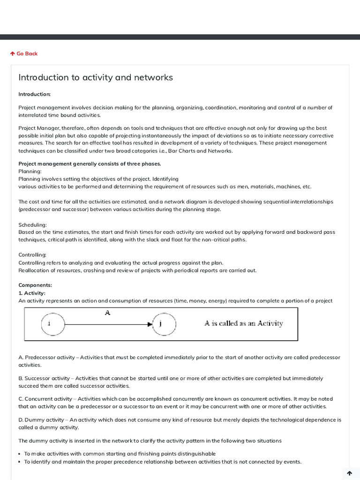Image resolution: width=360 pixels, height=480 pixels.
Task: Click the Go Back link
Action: coord(24,54)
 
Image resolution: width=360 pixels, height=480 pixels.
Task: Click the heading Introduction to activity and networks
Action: coord(96,77)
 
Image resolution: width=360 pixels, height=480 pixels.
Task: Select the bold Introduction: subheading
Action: coord(34,94)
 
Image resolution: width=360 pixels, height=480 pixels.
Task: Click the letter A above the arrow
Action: coord(107,313)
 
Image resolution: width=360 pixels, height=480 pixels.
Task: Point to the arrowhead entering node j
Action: coord(150,324)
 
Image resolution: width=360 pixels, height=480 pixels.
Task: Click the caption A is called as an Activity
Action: coord(243,323)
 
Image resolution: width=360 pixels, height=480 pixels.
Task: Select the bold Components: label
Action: coord(35,285)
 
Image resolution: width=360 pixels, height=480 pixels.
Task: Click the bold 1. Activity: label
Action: coord(32,293)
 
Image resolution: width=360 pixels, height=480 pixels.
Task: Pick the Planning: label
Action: coord(30,172)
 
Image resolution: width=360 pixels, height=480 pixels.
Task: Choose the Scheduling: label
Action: coord(32,225)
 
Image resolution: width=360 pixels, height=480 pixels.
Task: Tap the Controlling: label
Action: coord(32,255)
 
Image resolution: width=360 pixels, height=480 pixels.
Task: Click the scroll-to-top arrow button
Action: coord(349,473)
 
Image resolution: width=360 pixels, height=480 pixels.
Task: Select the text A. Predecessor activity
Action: coord(46,358)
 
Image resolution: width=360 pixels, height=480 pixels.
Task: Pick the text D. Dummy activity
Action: coord(41,420)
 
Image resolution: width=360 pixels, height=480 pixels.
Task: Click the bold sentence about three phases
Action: coord(90,164)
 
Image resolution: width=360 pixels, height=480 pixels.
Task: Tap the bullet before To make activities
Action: coord(20,454)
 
